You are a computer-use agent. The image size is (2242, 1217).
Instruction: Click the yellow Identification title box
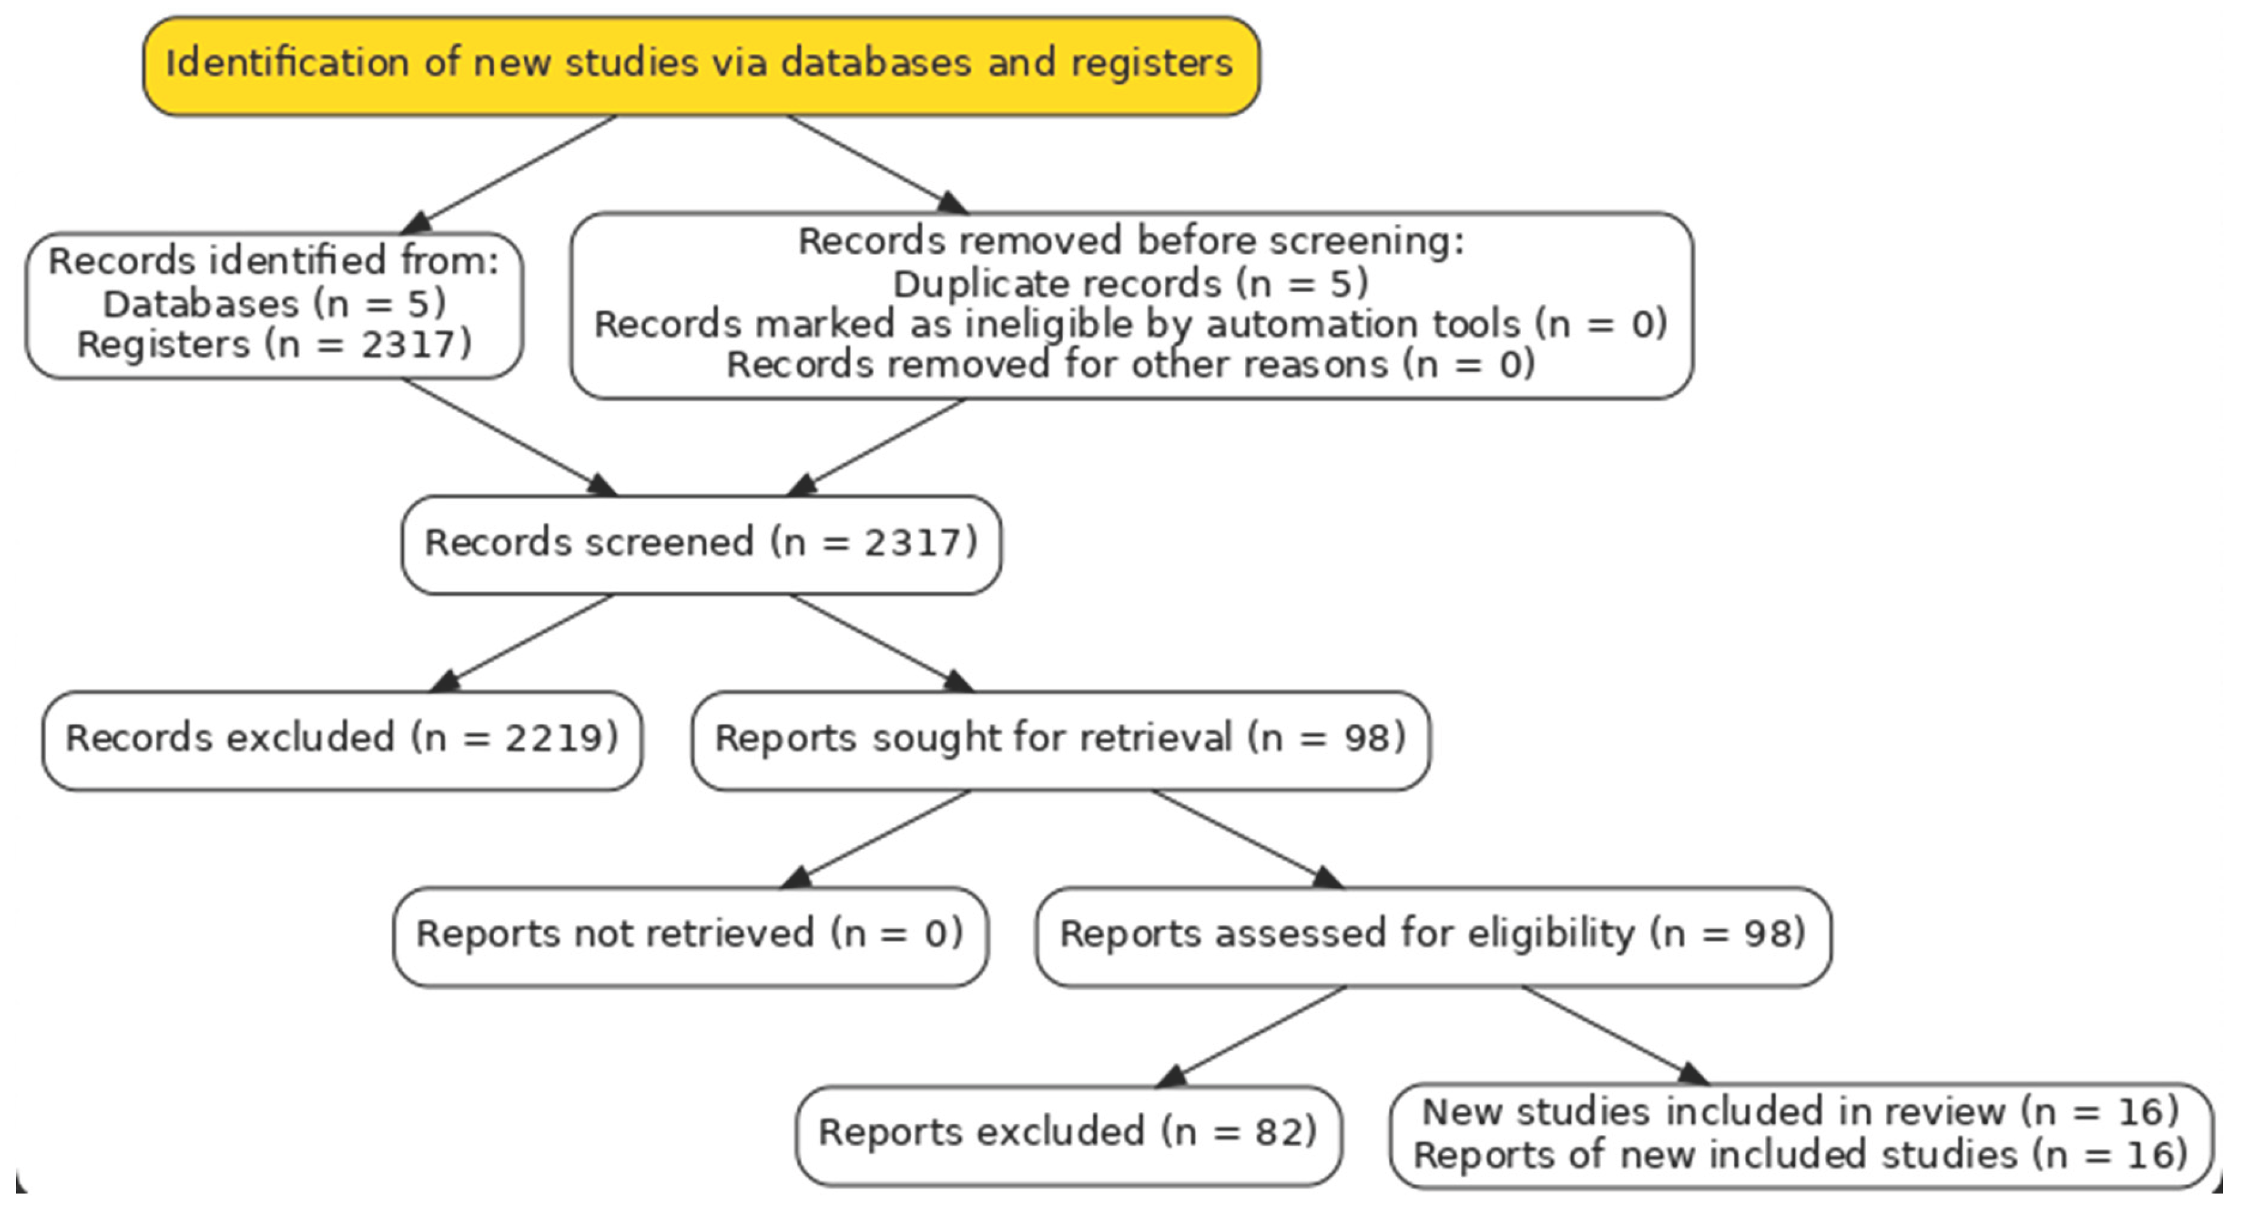[701, 66]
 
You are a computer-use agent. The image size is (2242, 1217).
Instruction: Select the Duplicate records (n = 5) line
[1131, 284]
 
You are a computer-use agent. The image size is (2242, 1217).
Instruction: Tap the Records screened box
[701, 544]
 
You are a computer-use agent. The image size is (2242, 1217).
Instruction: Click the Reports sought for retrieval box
[1060, 739]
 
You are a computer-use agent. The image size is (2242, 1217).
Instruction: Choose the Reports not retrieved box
[689, 935]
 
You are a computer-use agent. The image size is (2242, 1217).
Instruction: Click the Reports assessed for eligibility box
[1432, 935]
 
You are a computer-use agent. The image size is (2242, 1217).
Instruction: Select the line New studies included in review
[1800, 1112]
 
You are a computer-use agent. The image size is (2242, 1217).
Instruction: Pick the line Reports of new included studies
[1800, 1155]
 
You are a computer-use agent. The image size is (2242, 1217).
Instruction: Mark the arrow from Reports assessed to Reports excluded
[1258, 1035]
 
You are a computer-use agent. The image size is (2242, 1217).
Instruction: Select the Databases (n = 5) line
[274, 303]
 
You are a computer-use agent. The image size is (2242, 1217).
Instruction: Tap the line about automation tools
[1131, 324]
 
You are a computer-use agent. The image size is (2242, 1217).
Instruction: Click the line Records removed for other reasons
[1131, 365]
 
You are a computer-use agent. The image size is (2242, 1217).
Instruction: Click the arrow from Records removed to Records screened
[879, 446]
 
